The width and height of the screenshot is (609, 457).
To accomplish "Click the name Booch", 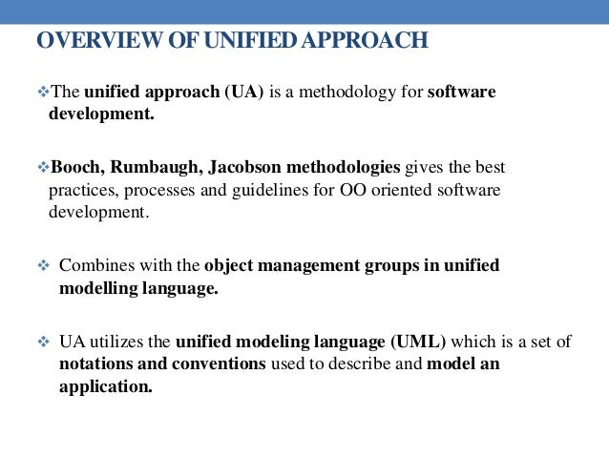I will tap(75, 168).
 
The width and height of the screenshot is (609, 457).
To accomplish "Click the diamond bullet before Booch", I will tap(41, 168).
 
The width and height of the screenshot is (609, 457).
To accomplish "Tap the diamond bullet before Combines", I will tap(41, 265).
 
